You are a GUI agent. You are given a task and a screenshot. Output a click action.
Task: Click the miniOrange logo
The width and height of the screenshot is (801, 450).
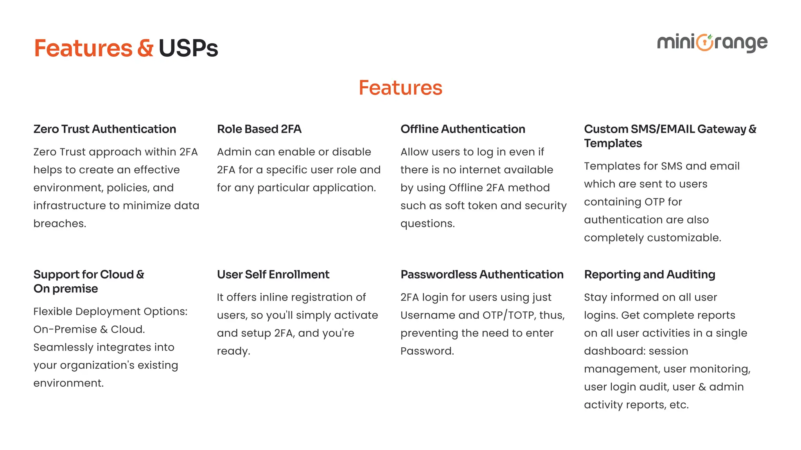(712, 43)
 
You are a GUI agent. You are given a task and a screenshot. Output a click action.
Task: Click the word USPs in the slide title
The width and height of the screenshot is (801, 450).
(188, 48)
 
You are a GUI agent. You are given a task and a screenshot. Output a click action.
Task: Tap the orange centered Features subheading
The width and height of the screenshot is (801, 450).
(400, 87)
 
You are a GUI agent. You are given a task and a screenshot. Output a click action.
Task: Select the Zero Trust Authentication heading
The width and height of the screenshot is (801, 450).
(105, 129)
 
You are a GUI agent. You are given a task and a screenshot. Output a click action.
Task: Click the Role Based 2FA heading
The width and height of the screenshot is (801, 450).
(259, 129)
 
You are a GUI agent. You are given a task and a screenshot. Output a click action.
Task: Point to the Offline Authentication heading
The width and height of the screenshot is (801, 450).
(463, 129)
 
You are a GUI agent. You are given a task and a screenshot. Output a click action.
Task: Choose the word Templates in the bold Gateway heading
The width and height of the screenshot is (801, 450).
(613, 143)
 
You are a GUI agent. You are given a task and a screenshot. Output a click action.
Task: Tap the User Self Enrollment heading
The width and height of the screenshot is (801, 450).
(273, 275)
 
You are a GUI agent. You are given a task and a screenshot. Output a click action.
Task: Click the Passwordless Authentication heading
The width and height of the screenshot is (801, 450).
(482, 275)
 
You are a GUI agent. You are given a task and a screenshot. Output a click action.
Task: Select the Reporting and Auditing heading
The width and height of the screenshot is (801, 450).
(649, 275)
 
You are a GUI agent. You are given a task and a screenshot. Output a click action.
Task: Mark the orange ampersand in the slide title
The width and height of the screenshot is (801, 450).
(145, 48)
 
